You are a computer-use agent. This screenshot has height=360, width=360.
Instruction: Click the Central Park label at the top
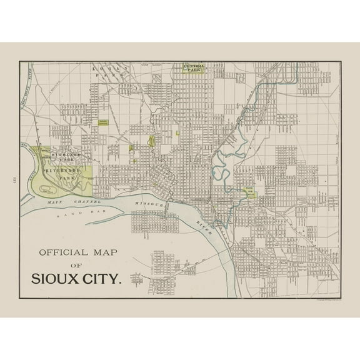click(193, 67)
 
